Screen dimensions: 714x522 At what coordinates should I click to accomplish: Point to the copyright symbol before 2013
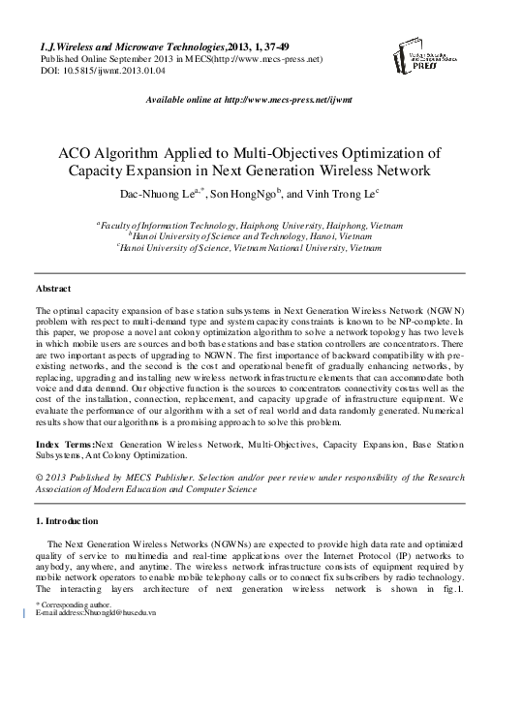point(38,478)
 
